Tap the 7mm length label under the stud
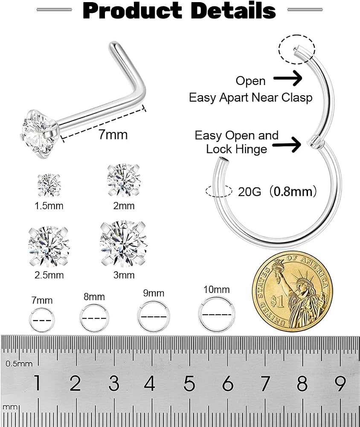point(113,135)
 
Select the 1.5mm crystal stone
point(49,185)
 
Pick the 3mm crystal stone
point(124,244)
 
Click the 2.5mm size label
point(49,275)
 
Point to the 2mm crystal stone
point(124,180)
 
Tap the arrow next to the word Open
point(287,79)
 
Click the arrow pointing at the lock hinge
point(287,144)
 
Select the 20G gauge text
point(250,192)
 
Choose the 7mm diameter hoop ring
point(42,308)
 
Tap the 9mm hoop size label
point(154,293)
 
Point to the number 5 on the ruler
point(189,383)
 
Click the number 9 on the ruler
point(340,383)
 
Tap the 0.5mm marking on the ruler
point(19,363)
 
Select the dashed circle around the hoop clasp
point(297,35)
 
